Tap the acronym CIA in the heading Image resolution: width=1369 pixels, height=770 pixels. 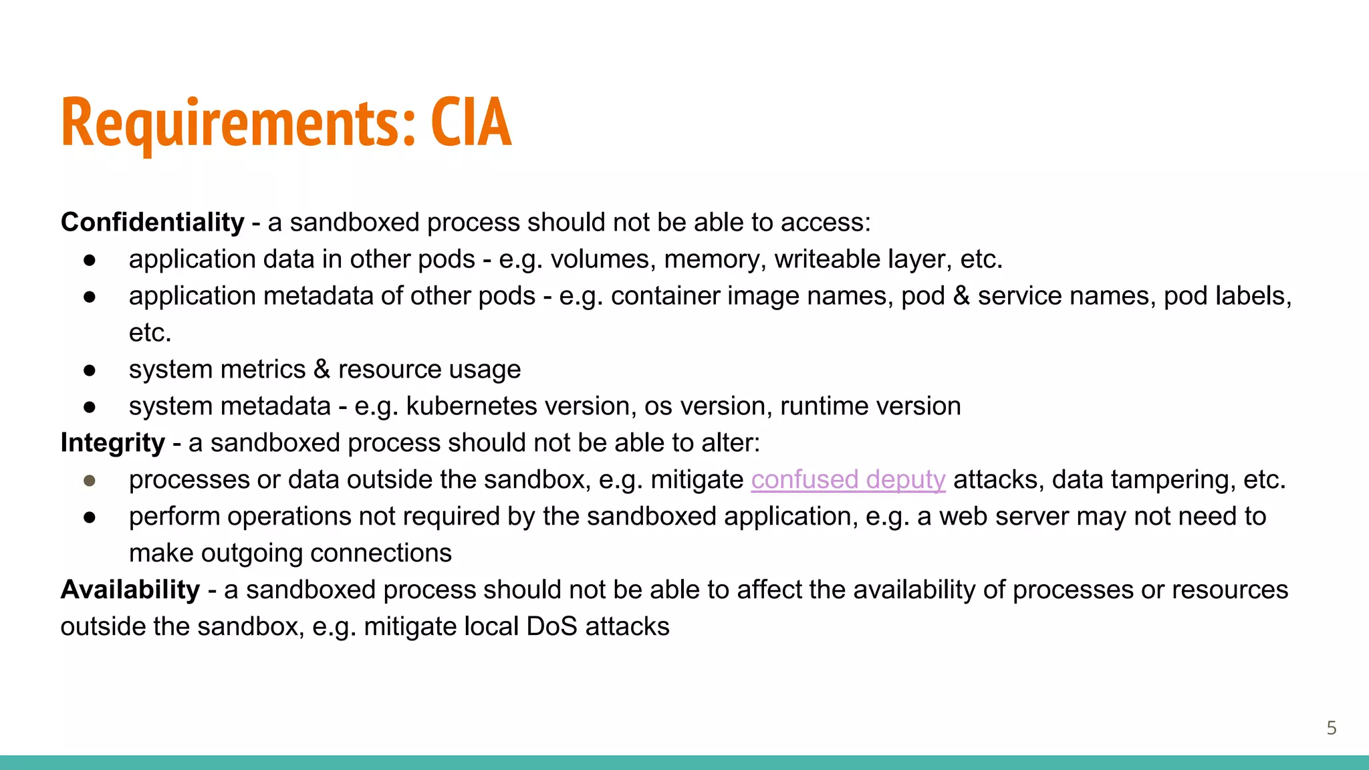(x=471, y=123)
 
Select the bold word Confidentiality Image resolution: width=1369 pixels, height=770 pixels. (x=152, y=223)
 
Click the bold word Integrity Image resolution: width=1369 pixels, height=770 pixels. (x=112, y=443)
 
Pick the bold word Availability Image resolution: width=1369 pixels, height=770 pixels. (x=130, y=590)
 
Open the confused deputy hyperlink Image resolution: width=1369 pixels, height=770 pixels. (x=848, y=480)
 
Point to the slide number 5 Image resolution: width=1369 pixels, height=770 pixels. (x=1331, y=728)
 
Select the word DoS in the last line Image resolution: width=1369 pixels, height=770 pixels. (x=551, y=627)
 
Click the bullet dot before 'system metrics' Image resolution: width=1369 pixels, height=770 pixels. (x=90, y=370)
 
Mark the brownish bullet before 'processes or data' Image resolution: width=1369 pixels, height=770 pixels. (x=90, y=481)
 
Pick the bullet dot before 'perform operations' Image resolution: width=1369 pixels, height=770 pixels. (x=90, y=517)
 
